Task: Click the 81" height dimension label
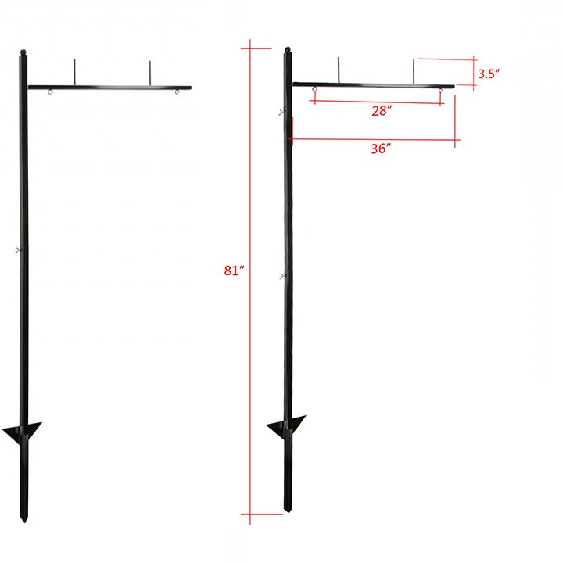coord(234,271)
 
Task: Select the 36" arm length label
coord(381,150)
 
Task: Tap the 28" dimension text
coord(381,112)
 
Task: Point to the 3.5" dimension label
coord(489,74)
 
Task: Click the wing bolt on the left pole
coord(18,250)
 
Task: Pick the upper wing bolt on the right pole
coord(282,114)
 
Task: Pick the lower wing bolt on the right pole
coord(282,276)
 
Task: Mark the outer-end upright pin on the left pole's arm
coord(149,71)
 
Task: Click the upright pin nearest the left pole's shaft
coord(74,70)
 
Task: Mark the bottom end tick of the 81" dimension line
coord(251,514)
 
